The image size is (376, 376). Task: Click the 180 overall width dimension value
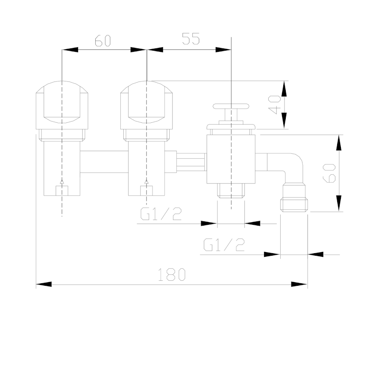click(x=171, y=274)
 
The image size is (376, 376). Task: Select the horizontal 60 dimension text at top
click(x=102, y=41)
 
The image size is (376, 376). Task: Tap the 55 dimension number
click(x=191, y=39)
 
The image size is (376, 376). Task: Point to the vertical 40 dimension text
click(x=274, y=105)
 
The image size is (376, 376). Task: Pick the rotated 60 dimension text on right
click(x=330, y=173)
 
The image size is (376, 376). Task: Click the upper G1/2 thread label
click(x=161, y=214)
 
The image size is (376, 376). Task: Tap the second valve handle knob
click(x=147, y=102)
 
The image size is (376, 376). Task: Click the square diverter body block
click(x=231, y=159)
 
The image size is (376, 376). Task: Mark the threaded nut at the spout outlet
click(x=295, y=198)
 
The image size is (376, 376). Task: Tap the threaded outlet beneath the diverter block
click(x=231, y=191)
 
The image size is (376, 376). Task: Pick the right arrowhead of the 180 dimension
click(x=300, y=285)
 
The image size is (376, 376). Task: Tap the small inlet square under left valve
click(x=61, y=190)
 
